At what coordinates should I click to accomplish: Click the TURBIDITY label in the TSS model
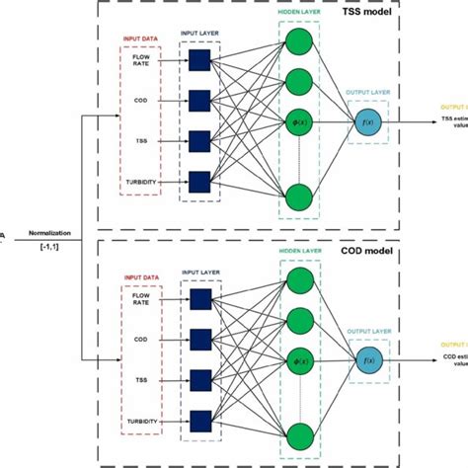click(x=140, y=183)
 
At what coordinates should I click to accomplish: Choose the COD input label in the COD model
click(x=140, y=338)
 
